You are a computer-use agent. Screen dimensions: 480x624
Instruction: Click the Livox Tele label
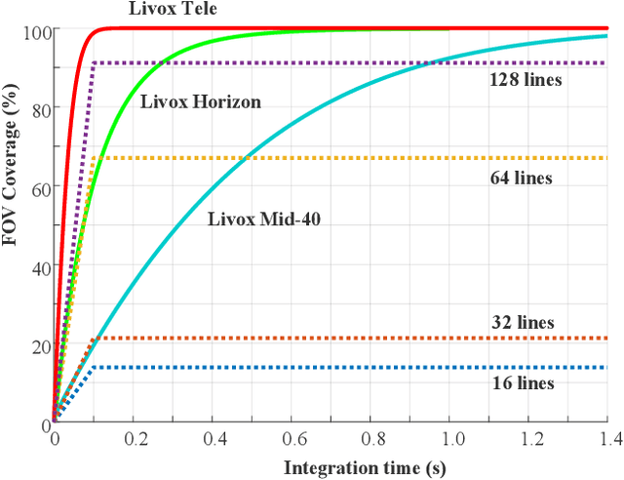tap(173, 10)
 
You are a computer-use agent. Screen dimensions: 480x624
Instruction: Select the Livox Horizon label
tap(201, 101)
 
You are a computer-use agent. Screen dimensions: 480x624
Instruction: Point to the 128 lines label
tap(525, 80)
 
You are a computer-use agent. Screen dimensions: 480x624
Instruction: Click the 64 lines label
tap(520, 178)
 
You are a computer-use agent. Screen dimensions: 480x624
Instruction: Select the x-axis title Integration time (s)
tap(365, 467)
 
